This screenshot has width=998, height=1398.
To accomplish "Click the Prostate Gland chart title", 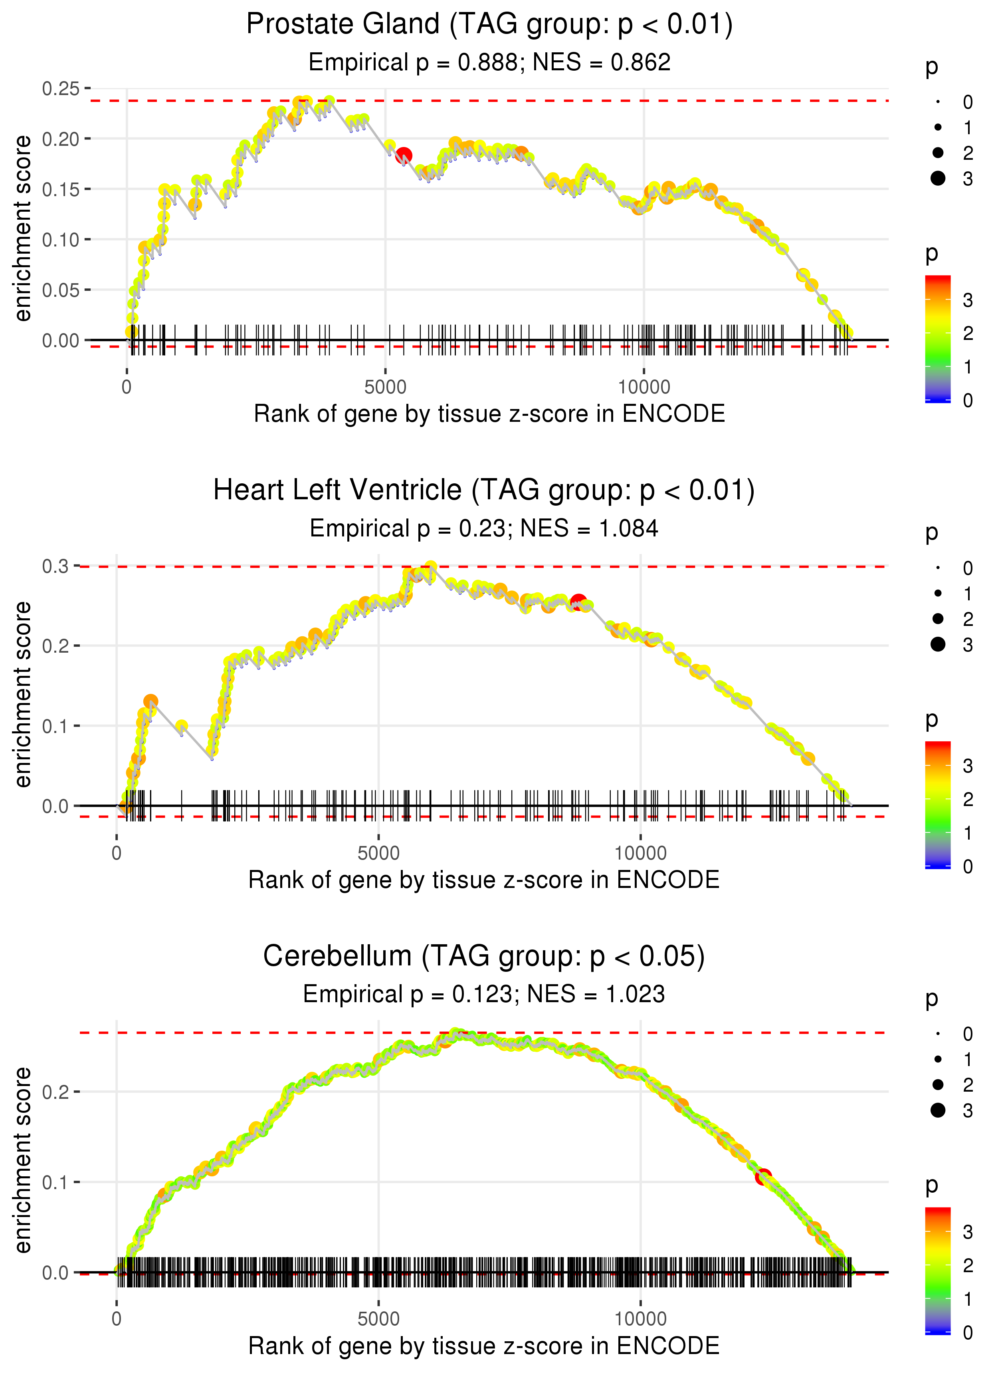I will (489, 25).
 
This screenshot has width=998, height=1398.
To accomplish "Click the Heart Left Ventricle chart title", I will (484, 490).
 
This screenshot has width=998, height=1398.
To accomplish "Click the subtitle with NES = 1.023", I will (484, 995).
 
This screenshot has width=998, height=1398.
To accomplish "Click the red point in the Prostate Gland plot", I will (404, 155).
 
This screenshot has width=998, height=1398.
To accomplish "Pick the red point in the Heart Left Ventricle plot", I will (578, 601).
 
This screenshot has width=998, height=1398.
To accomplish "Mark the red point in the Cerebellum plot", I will (762, 1177).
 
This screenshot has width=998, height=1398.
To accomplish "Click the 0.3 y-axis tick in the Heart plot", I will (55, 566).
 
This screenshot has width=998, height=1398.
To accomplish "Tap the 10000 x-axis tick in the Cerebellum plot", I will (640, 1319).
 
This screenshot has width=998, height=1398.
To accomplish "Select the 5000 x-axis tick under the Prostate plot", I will (385, 387).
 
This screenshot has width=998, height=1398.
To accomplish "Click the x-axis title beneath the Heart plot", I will (484, 880).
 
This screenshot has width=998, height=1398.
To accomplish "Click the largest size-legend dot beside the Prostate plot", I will (938, 178).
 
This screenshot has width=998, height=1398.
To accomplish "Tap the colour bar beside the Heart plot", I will (938, 804).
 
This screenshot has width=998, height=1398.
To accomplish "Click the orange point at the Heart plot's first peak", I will (150, 701).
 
